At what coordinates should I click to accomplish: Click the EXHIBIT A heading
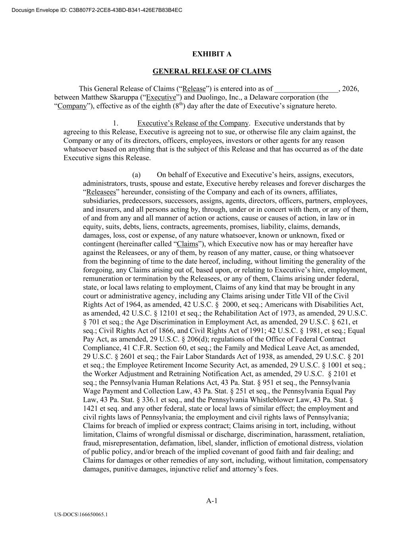[x=212, y=54]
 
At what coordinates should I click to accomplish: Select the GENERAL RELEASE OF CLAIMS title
[x=212, y=71]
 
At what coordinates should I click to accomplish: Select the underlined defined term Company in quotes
[x=72, y=106]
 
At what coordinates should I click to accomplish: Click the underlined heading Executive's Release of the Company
[x=193, y=123]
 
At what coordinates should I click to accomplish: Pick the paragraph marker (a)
[x=137, y=175]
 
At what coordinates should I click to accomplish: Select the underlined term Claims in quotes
[x=187, y=244]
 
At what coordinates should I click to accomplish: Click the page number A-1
[x=212, y=501]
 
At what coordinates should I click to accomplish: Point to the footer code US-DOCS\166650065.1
[x=81, y=515]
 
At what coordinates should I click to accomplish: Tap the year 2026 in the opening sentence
[x=350, y=89]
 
